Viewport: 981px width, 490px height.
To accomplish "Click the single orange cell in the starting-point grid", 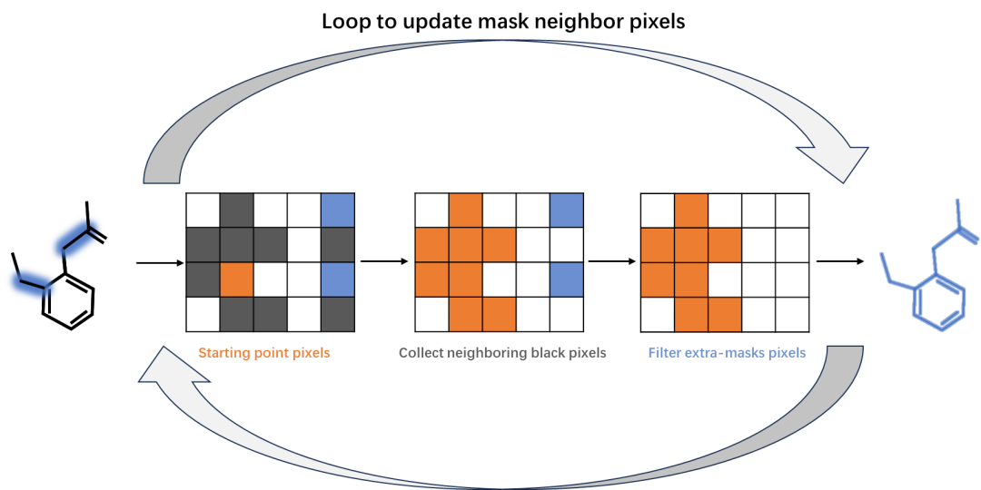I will tap(237, 279).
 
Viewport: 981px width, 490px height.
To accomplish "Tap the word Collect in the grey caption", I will tap(423, 353).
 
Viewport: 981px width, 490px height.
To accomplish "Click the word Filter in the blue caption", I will tap(664, 353).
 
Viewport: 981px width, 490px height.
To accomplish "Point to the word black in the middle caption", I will tap(540, 353).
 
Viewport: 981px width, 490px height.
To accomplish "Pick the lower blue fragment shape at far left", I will tap(34, 282).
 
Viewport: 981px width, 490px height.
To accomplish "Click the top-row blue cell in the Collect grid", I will tap(566, 211).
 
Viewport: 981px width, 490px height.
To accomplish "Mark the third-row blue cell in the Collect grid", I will tap(566, 279).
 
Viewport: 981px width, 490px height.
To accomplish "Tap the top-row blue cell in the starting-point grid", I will tap(337, 211).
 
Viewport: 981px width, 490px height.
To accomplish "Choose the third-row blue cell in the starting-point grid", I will tap(337, 279).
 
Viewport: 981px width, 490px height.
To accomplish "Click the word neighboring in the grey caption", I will tap(483, 353).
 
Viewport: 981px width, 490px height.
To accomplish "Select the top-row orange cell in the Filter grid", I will tap(691, 211).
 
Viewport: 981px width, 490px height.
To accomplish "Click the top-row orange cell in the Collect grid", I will tap(466, 211).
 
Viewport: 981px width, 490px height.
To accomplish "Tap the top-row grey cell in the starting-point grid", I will tap(237, 211).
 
